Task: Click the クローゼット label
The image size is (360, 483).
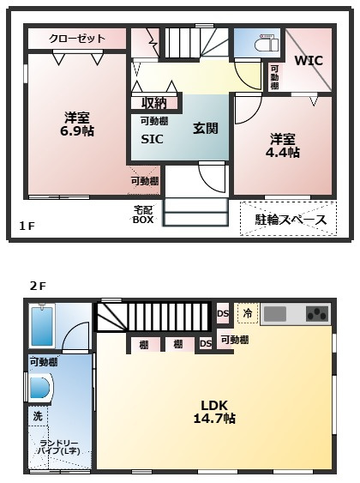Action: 77,39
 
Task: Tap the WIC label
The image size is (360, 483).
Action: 309,61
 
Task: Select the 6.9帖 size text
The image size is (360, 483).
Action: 76,132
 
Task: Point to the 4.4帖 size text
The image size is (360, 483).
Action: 282,152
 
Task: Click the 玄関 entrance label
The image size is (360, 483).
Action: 205,128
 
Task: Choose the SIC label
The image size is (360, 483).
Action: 152,139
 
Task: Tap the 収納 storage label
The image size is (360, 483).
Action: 154,103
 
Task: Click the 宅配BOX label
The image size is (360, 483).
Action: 142,214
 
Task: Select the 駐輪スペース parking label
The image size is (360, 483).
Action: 291,220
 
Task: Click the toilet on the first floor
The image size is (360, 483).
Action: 261,44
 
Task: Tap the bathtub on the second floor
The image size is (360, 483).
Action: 40,327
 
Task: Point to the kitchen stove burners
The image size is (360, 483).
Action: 316,314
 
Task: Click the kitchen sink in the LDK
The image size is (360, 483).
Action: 276,314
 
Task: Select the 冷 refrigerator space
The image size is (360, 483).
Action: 247,314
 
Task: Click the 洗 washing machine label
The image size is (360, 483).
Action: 37,416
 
